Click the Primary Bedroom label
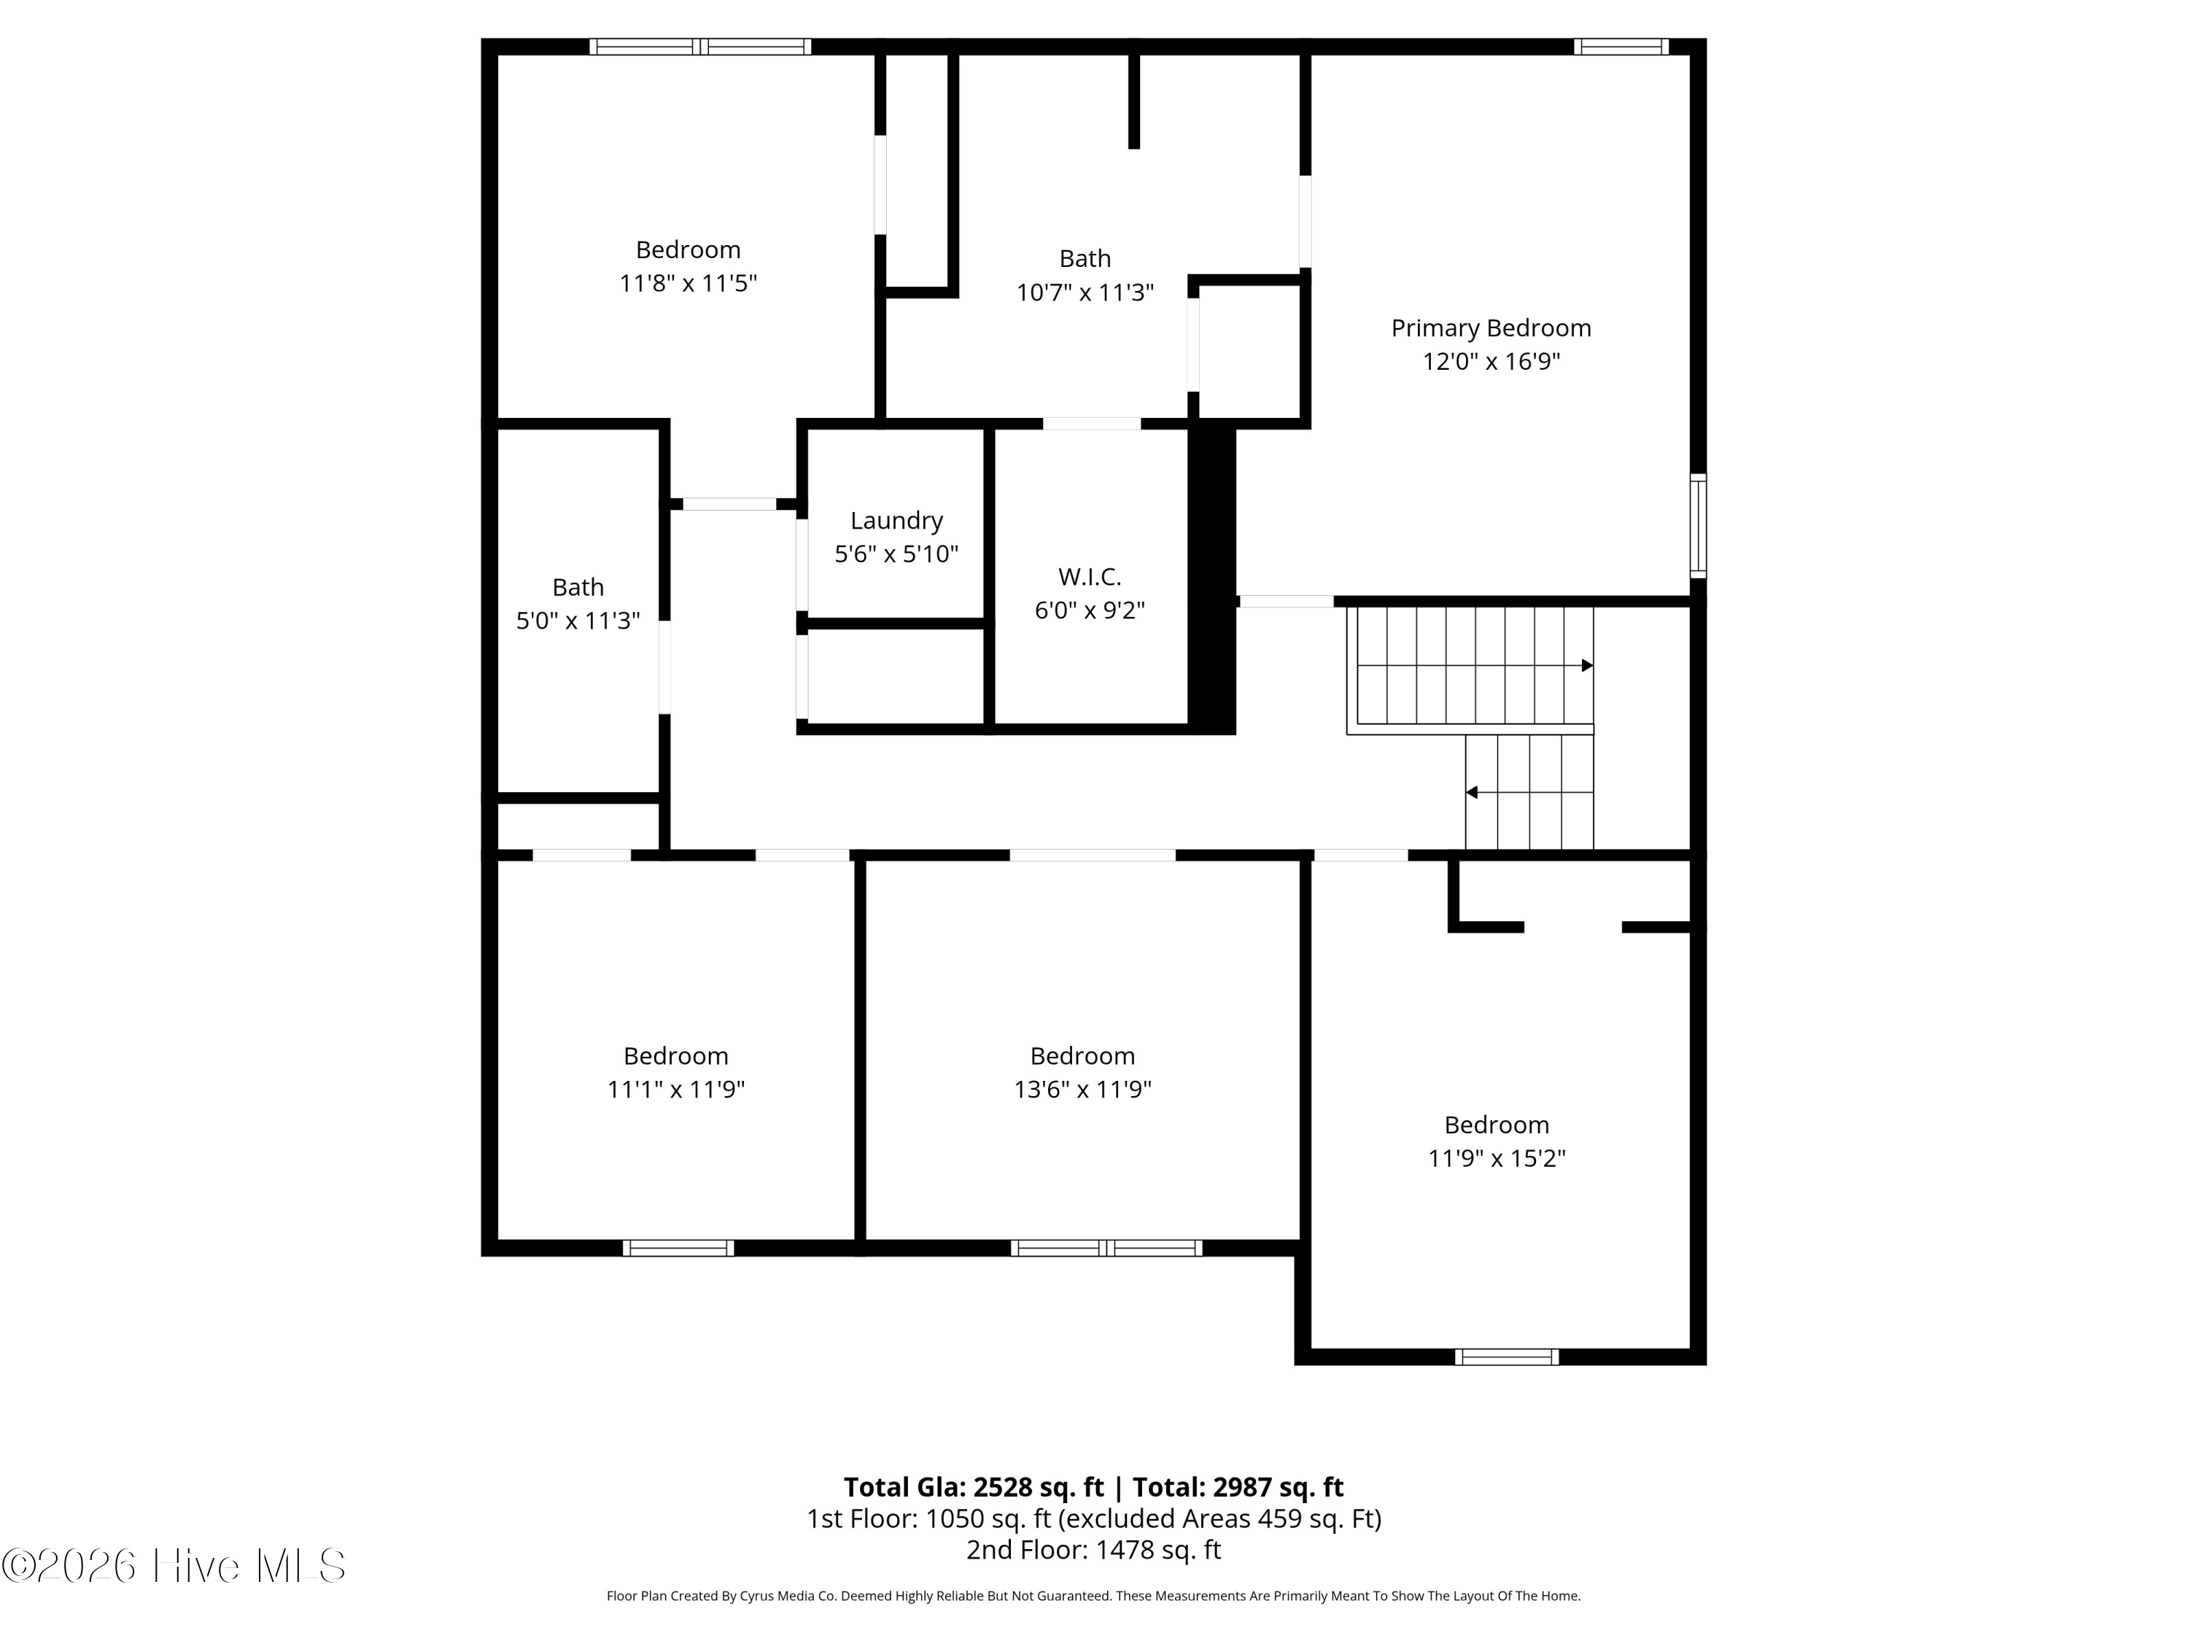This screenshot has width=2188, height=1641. [1491, 328]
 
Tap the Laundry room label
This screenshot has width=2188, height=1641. [896, 520]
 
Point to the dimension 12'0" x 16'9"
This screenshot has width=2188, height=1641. [1491, 362]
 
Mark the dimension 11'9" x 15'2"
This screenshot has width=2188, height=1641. [1496, 1158]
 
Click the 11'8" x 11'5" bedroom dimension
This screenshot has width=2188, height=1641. [688, 284]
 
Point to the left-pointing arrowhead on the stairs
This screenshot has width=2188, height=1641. [1472, 792]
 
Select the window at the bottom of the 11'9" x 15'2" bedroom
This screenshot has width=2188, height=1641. [1507, 1357]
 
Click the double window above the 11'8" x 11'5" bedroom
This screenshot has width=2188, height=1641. [700, 47]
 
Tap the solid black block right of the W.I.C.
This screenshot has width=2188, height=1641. [1211, 578]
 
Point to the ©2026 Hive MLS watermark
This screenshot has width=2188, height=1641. [174, 1565]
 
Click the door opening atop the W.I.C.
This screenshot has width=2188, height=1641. [1092, 423]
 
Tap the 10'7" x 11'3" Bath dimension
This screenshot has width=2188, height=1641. [1085, 292]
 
